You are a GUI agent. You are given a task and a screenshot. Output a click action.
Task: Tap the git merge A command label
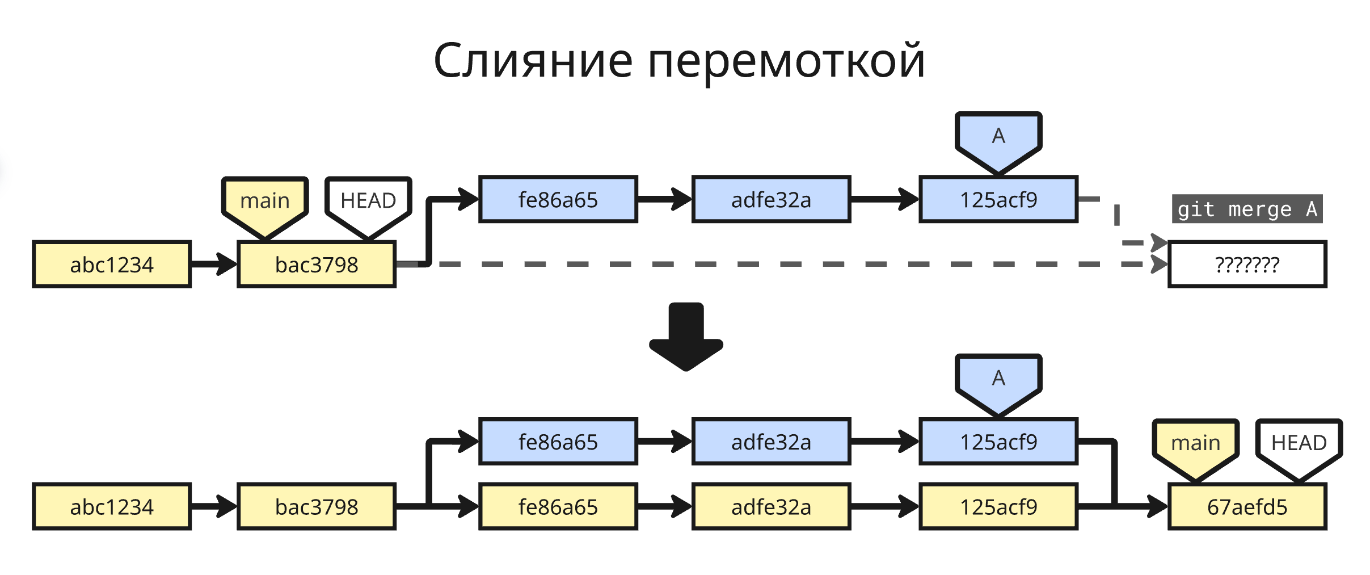(1247, 209)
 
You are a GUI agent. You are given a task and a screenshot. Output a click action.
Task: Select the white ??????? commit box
(1247, 265)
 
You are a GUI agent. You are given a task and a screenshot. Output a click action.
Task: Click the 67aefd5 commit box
(1247, 506)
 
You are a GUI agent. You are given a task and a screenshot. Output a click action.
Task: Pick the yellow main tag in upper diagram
(265, 202)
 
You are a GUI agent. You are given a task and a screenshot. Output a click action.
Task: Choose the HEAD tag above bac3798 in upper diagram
(368, 202)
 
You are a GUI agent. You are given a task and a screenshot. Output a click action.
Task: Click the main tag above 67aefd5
(1195, 443)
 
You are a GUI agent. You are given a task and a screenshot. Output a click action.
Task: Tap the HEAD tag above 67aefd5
(1299, 443)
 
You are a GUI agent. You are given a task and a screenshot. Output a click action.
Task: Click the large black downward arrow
(686, 338)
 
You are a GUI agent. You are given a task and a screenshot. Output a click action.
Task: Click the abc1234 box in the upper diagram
(112, 265)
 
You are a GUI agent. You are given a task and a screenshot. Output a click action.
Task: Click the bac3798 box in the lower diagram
(317, 506)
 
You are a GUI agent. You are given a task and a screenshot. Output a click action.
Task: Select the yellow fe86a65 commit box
(558, 506)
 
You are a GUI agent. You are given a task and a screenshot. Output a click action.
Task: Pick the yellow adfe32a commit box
(771, 506)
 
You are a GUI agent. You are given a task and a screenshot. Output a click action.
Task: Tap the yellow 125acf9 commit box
(998, 506)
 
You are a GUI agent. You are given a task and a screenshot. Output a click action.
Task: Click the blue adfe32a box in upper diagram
(771, 200)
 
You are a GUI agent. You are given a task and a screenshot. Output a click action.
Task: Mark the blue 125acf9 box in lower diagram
(998, 442)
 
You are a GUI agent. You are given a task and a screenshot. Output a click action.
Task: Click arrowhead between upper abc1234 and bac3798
(227, 265)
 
